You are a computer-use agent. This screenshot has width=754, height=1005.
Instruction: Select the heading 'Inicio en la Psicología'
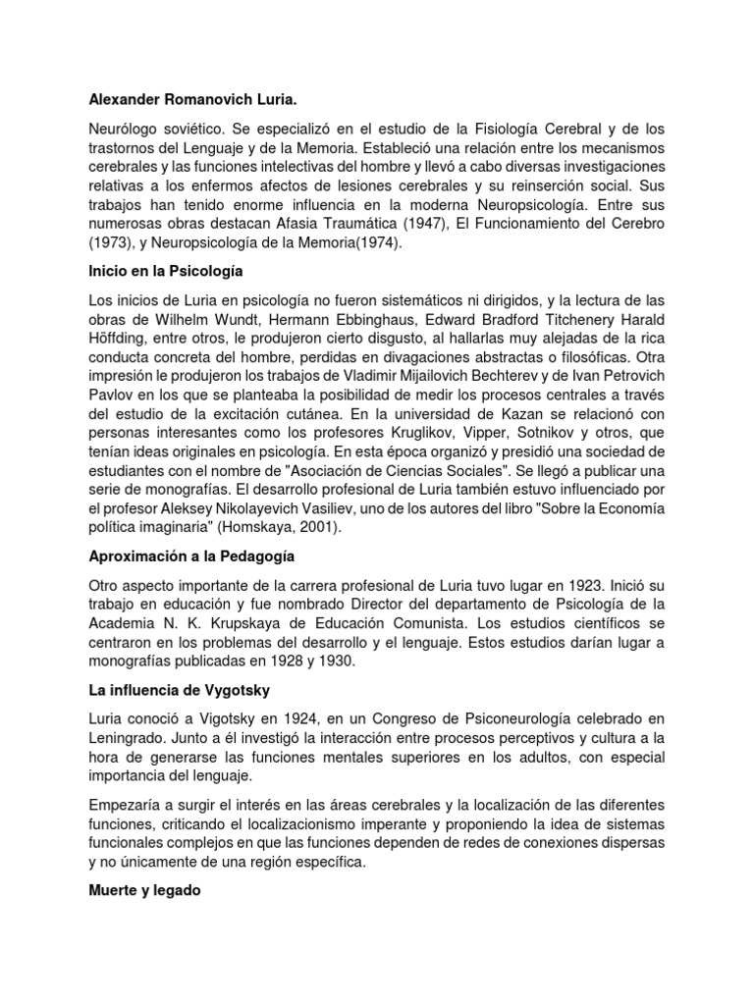coord(165,269)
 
